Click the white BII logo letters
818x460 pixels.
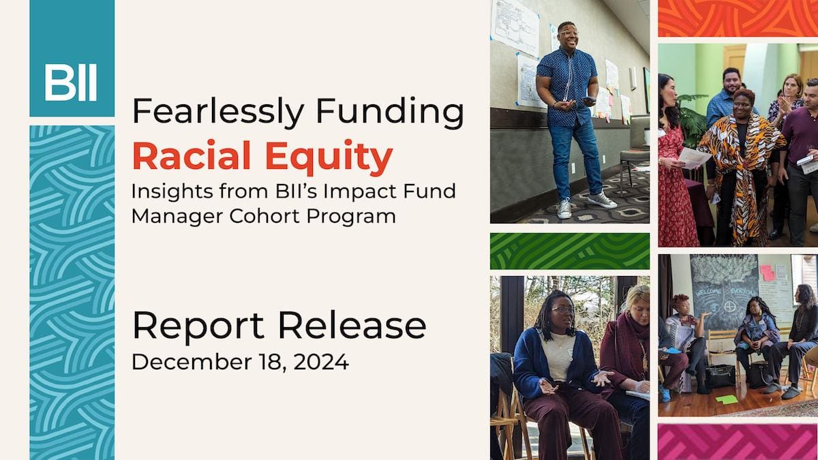coord(71,82)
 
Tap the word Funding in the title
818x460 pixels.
coord(390,112)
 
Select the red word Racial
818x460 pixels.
coord(192,155)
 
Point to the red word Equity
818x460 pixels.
coord(329,157)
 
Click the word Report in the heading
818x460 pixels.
coord(198,325)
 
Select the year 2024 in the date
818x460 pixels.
coord(321,362)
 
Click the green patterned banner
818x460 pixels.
coord(570,251)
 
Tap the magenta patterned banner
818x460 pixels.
coord(738,442)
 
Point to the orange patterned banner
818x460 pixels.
coord(738,18)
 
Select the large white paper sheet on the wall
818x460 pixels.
coord(515,27)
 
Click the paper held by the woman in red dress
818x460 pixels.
coord(694,158)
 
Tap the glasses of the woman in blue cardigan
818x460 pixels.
coord(563,310)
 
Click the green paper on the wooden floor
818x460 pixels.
coord(727,399)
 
